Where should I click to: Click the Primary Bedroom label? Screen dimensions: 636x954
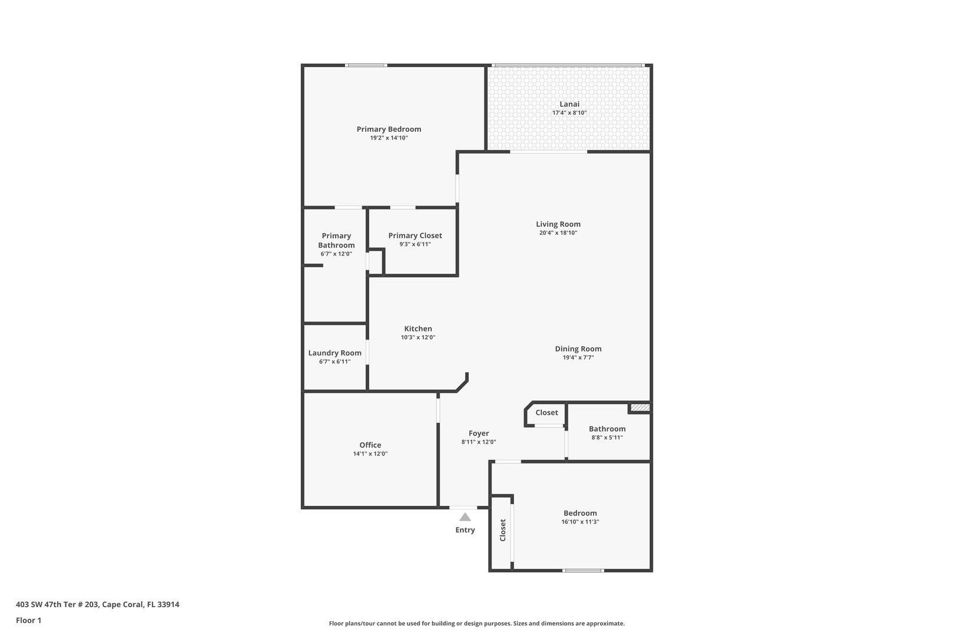pyautogui.click(x=389, y=129)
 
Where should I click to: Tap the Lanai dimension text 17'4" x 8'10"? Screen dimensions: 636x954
pyautogui.click(x=569, y=113)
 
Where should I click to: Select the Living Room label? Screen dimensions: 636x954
pyautogui.click(x=558, y=224)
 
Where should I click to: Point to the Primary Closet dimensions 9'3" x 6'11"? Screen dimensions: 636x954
pyautogui.click(x=415, y=244)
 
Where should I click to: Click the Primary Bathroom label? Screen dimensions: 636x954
pyautogui.click(x=336, y=240)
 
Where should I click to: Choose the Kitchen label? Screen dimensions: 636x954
pyautogui.click(x=418, y=329)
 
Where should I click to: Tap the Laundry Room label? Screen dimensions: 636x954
pyautogui.click(x=334, y=353)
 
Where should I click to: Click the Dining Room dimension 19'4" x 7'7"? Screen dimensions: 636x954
pyautogui.click(x=578, y=357)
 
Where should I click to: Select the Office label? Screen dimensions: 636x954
pyautogui.click(x=370, y=445)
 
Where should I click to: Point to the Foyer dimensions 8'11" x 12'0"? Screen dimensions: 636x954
pyautogui.click(x=478, y=442)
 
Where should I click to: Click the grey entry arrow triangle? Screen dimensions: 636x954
pyautogui.click(x=465, y=517)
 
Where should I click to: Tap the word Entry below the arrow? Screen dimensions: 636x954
pyautogui.click(x=465, y=530)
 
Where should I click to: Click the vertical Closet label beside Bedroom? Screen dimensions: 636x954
pyautogui.click(x=502, y=530)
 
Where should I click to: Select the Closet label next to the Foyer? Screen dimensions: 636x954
pyautogui.click(x=546, y=412)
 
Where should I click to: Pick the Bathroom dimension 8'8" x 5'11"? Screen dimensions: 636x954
pyautogui.click(x=607, y=438)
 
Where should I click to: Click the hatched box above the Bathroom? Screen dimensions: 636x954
pyautogui.click(x=640, y=407)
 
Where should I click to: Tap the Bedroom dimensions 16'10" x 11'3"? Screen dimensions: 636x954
pyautogui.click(x=580, y=522)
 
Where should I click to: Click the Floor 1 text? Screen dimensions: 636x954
pyautogui.click(x=28, y=620)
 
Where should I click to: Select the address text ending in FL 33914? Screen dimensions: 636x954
pyautogui.click(x=97, y=604)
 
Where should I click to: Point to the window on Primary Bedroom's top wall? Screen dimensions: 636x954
pyautogui.click(x=366, y=65)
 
